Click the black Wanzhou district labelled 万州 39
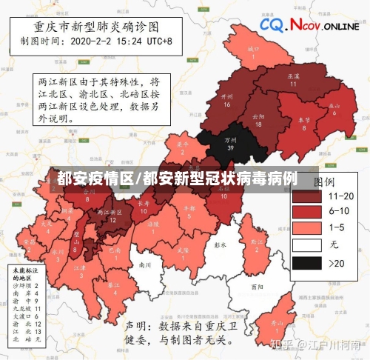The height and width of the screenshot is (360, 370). (232, 143)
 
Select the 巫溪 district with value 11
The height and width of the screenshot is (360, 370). (292, 80)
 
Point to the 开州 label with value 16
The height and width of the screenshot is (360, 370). (227, 100)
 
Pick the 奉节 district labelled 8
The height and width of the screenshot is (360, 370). (304, 122)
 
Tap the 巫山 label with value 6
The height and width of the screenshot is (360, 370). (334, 108)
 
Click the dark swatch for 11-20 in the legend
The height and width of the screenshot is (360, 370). (306, 196)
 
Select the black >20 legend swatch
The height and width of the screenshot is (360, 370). (306, 262)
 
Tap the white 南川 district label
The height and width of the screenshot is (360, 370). (145, 264)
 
